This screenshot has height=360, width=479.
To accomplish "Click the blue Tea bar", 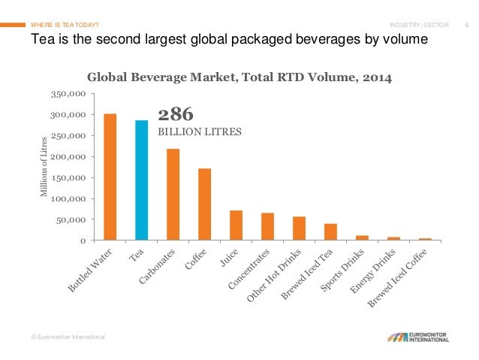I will click(x=141, y=180).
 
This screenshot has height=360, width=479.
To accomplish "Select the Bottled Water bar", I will click(x=110, y=177).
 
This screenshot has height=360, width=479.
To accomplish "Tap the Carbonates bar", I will click(x=173, y=195).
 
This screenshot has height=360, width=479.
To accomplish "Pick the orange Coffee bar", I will click(x=204, y=204).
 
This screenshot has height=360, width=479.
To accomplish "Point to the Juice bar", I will click(x=236, y=225).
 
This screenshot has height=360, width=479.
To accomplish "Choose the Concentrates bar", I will click(x=267, y=227).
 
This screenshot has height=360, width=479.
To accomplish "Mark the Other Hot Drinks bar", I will click(x=299, y=228).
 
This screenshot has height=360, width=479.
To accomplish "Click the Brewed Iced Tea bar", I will click(x=330, y=232).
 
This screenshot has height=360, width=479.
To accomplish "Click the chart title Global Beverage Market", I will click(x=239, y=77).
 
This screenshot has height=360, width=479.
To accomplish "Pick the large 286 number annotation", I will click(x=176, y=114).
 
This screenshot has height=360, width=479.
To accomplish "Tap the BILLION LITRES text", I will click(x=199, y=132).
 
